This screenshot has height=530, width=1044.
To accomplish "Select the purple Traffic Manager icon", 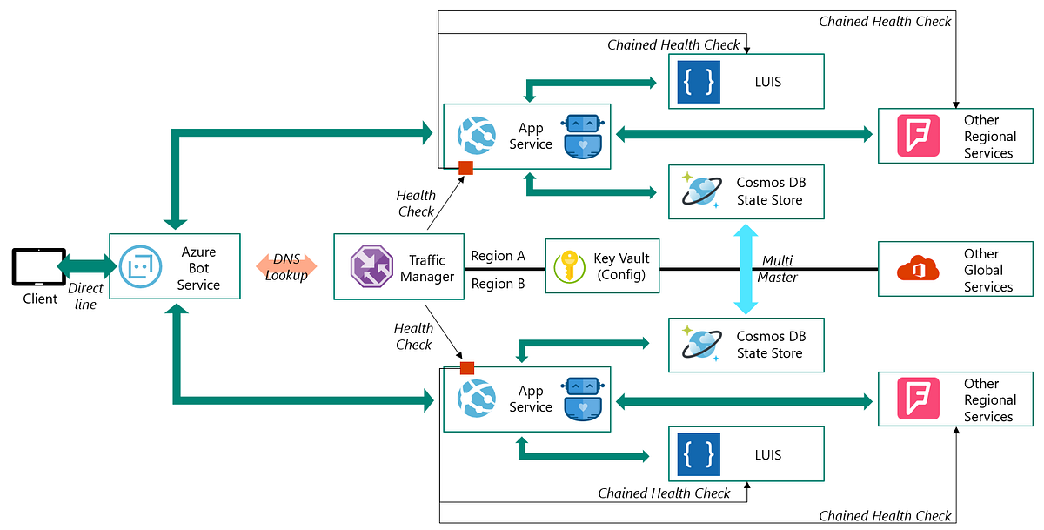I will pos(371,267).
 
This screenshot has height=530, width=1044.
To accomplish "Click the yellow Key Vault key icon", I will pos(570,266).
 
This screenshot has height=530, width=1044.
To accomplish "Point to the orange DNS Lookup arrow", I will pos(286,267).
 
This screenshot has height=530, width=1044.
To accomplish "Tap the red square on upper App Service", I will pos(465,168).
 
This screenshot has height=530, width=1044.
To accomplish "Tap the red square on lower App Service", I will pos(467,368).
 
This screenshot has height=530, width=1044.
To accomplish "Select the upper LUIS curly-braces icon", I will pos(699,82).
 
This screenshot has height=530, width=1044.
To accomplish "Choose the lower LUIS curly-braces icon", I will pos(699,454).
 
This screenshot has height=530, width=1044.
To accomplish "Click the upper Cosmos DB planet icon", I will pos(701,191).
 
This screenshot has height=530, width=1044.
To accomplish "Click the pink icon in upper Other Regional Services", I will pos(919,136).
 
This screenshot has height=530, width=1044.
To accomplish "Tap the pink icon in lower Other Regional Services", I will pos(919,399).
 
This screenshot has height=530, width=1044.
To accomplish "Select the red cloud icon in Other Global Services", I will pos(919,269).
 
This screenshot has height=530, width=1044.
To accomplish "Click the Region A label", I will pos(498,256).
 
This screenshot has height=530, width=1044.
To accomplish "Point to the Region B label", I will pos(498,283).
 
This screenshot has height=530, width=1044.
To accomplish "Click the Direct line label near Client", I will pos(85,296).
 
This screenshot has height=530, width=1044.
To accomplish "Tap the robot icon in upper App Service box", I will pos(582,137).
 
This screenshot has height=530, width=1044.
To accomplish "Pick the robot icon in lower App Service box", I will pos(582,399).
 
